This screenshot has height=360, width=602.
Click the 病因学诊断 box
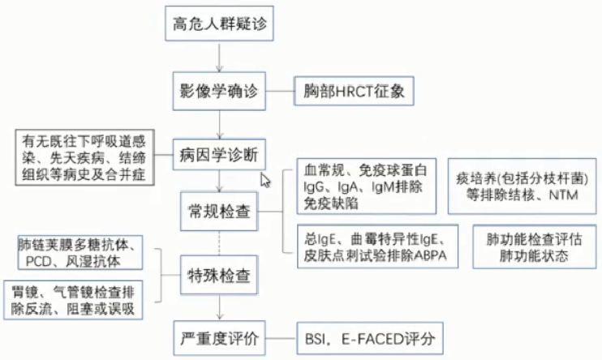(x=219, y=152)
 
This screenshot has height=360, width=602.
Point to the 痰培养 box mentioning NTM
(x=520, y=186)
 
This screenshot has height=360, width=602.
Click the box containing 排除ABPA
(x=374, y=246)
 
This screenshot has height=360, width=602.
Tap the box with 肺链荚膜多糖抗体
(x=80, y=253)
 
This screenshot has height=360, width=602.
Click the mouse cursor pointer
(x=264, y=178)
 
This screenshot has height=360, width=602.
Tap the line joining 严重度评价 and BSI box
(x=282, y=334)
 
